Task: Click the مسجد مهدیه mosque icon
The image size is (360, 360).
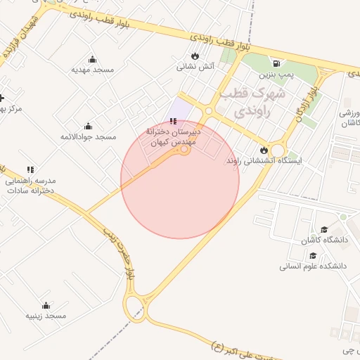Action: tap(92, 60)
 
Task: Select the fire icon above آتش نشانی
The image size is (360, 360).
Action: tap(195, 56)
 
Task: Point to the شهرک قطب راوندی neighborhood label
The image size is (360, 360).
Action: tap(252, 101)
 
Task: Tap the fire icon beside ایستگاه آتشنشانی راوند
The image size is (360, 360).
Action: tap(264, 150)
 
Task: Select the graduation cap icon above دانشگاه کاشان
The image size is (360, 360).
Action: tap(324, 230)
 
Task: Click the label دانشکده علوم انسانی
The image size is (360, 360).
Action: tap(314, 266)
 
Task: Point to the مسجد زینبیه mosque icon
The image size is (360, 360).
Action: tap(46, 305)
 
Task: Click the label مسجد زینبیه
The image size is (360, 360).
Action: tap(46, 316)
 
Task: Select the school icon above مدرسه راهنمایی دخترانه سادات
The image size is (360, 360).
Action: tap(30, 169)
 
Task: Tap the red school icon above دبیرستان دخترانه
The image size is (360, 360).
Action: tap(174, 122)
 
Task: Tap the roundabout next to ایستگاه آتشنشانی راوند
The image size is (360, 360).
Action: tap(278, 150)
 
